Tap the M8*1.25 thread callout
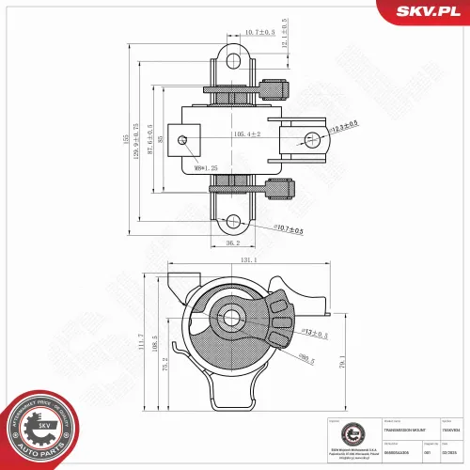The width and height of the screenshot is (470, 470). (x=198, y=168)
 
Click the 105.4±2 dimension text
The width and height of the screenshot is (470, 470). (x=246, y=134)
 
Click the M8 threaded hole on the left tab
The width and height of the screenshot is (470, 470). (x=185, y=141)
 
